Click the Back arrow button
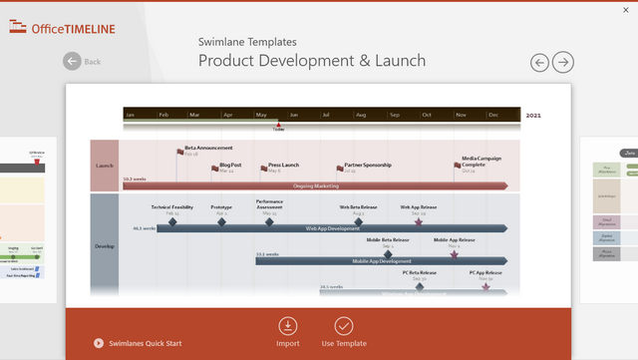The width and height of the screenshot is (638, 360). click(72, 61)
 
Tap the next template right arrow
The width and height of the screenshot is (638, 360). click(563, 62)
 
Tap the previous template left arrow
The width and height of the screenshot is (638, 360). click(539, 62)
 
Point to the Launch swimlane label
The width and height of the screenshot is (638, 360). click(105, 166)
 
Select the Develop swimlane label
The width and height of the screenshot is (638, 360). click(105, 244)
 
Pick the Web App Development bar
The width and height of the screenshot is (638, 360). click(332, 228)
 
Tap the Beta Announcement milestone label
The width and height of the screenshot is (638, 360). click(208, 148)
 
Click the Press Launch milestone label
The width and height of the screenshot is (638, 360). click(284, 165)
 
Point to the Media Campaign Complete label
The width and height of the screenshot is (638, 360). click(480, 162)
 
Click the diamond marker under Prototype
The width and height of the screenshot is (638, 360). click(221, 222)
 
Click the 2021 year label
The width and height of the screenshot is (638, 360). click(534, 115)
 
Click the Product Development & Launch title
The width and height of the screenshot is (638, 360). click(312, 61)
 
